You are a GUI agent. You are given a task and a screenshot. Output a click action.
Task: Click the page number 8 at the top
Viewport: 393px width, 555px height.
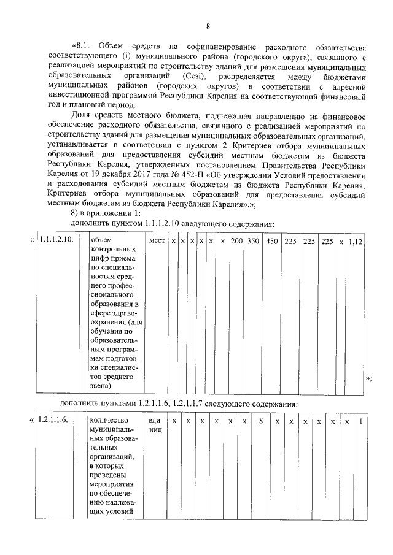point(208,26)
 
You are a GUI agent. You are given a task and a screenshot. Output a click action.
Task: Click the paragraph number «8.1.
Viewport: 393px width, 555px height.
point(84,47)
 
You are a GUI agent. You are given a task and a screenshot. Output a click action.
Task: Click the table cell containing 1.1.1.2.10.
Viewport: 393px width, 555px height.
point(56,242)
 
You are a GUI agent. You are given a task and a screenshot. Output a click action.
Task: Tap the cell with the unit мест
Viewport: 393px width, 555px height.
point(157,242)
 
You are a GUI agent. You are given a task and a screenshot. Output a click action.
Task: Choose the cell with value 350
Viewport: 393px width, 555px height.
point(253,242)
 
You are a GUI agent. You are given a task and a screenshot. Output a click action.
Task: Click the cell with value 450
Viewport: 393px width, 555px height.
point(272,242)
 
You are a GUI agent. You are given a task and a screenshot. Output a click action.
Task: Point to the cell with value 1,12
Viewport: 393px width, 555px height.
point(356,242)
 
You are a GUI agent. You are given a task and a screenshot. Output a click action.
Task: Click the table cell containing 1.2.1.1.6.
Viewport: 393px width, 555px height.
point(56,421)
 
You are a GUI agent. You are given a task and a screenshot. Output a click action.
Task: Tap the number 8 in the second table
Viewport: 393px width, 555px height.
point(261,421)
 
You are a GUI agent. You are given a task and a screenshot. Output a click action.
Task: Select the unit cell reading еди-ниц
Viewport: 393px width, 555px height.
point(155,426)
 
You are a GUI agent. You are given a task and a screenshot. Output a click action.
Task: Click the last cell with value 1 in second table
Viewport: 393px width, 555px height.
point(360,421)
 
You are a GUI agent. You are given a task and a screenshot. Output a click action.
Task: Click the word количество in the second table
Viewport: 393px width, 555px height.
point(108,421)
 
